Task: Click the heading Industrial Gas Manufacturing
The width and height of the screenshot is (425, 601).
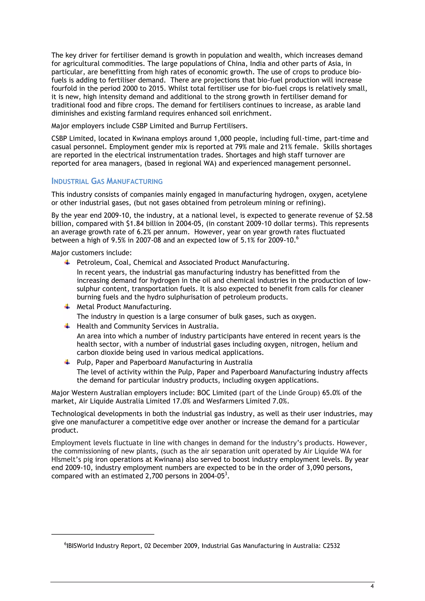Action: coord(107,181)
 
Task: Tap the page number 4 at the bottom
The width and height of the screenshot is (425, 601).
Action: coord(372,586)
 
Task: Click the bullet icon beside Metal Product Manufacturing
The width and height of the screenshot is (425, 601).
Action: coord(67,307)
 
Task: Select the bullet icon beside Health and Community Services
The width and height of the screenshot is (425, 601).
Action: coord(67,326)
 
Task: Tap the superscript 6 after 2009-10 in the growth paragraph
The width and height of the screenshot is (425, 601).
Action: coord(297,238)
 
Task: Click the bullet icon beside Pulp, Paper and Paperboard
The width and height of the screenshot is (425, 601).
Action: coord(67,362)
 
